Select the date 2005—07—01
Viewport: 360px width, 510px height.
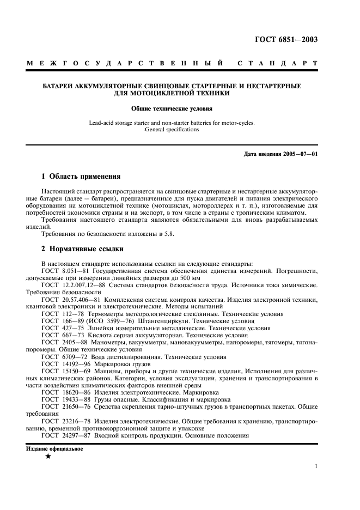[299, 154]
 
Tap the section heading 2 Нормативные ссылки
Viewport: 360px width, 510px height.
[83, 249]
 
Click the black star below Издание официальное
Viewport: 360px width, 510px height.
[48, 457]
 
